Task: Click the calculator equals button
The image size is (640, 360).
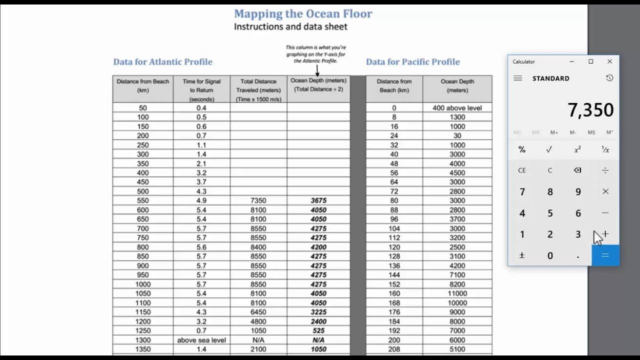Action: point(605,255)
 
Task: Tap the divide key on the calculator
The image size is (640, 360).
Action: point(605,170)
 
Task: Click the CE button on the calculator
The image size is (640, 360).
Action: point(522,170)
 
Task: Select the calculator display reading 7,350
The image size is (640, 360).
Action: point(590,110)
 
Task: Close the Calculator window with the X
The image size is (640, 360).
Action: point(609,61)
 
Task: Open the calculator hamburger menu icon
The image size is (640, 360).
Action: point(518,78)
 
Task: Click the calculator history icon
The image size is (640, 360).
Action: point(609,78)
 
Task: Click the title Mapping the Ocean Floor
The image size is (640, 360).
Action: point(303,14)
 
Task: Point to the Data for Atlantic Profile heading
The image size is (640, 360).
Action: point(162,62)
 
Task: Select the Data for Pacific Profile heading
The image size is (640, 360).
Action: point(412,62)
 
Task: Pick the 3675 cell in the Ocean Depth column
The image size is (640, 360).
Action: point(318,200)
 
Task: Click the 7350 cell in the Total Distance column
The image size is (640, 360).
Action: point(258,200)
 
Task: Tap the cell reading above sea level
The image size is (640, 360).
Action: point(201,340)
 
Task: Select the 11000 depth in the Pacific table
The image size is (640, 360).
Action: point(457,293)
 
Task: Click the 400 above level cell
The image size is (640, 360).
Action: point(457,108)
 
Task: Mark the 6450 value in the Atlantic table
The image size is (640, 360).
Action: point(258,312)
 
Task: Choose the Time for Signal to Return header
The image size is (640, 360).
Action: point(201,90)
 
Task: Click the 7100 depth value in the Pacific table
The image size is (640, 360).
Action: point(457,275)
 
